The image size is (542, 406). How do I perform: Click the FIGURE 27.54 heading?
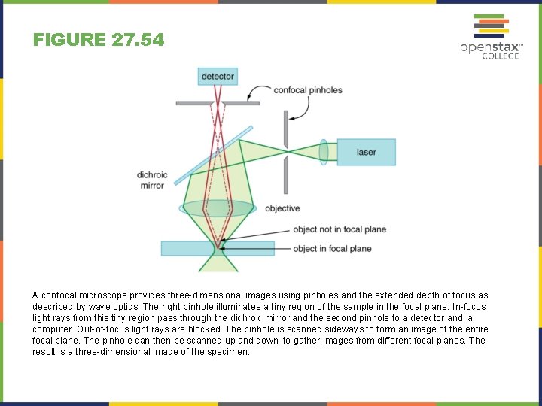99,40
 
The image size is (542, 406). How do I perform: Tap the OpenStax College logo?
491,37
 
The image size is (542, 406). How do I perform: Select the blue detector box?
218,76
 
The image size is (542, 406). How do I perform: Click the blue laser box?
366,152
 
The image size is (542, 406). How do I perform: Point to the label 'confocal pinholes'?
307,90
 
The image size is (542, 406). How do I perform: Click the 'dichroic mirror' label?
152,180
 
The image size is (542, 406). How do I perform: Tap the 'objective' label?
282,208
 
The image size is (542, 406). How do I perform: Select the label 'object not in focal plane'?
340,229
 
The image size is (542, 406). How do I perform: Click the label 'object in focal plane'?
332,249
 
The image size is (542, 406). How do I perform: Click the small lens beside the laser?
323,152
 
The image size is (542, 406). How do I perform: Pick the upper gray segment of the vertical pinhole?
285,129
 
